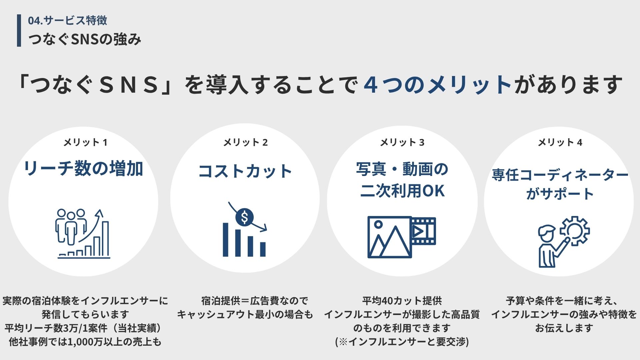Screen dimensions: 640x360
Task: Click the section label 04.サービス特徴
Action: click(67, 21)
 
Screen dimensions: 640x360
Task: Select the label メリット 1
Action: click(85, 143)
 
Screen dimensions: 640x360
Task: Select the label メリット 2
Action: click(245, 143)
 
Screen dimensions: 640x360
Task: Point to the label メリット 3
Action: click(402, 143)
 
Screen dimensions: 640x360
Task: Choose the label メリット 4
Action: click(560, 143)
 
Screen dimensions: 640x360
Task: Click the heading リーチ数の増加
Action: click(83, 168)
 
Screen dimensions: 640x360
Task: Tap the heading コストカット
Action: click(245, 171)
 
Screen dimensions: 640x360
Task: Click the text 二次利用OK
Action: click(402, 191)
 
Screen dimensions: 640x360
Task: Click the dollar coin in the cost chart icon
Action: click(244, 217)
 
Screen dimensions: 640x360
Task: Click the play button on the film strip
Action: click(418, 231)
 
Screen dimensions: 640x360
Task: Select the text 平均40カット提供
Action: click(402, 301)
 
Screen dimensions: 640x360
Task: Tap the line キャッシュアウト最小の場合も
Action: click(245, 315)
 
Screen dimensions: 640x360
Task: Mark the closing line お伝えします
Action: click(564, 328)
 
